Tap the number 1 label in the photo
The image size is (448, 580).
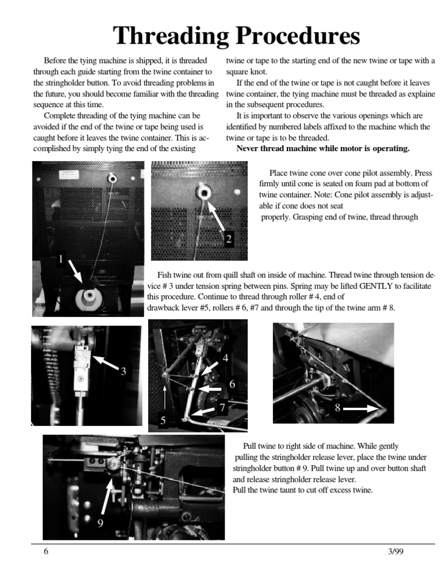(x=60, y=258)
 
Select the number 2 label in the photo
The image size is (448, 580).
(x=229, y=239)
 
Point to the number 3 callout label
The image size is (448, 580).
(x=123, y=371)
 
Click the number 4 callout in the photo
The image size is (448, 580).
(x=225, y=357)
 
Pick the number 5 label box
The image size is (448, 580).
(x=163, y=420)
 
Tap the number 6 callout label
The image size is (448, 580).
(x=232, y=385)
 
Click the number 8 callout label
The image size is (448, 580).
(x=337, y=408)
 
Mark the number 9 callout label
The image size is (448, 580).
(x=100, y=523)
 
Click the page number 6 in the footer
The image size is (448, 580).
(x=45, y=552)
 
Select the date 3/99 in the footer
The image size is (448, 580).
(x=395, y=552)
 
